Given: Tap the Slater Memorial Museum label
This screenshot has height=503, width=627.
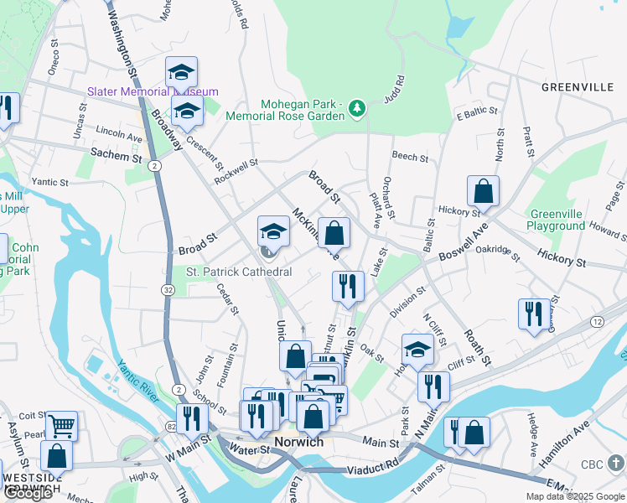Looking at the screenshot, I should point(153,91).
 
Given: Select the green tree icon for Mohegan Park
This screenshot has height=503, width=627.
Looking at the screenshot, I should point(358,108).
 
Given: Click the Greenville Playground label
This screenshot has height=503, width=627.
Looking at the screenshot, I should point(556,220).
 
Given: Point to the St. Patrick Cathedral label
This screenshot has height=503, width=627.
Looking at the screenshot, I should point(239,272).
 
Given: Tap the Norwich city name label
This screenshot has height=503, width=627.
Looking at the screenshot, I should point(298,442).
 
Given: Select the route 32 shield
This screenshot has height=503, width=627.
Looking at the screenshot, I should point(168,290).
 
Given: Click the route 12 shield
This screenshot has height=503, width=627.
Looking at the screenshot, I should point(597,322).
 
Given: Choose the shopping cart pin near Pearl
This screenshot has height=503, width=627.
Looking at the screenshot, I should point(62,425).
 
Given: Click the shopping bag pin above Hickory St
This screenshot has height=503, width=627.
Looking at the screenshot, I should point(484,191).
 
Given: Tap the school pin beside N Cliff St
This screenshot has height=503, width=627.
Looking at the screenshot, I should point(417,349).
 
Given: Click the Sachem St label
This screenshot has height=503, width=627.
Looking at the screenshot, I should point(116,157).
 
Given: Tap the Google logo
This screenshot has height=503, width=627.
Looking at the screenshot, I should point(28,493).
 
